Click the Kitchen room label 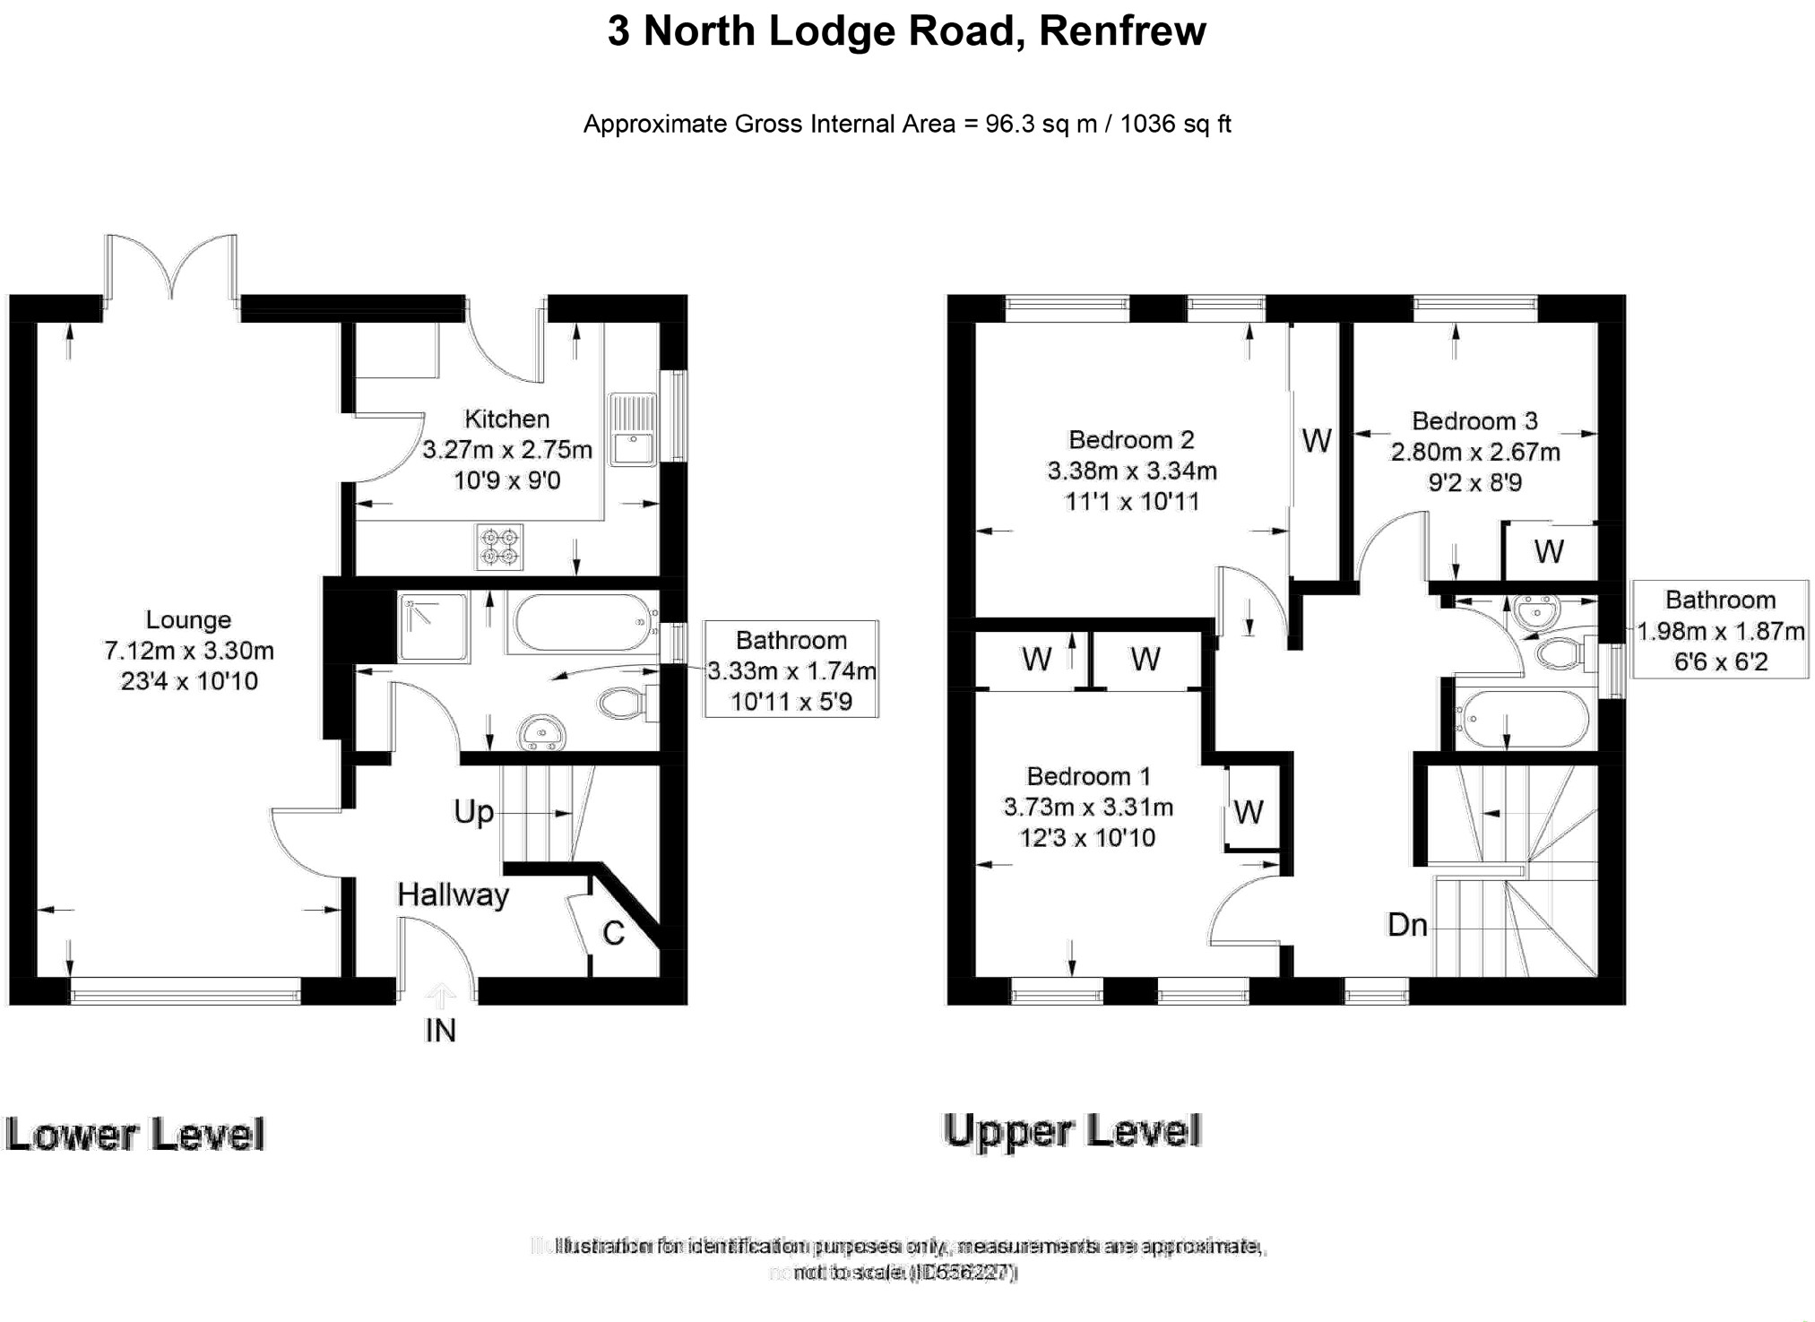[x=506, y=419]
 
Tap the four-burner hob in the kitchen [x=499, y=547]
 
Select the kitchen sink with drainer [x=633, y=429]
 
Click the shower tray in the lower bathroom [x=434, y=626]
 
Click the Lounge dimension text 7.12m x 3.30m [x=189, y=651]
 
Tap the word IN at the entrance [x=440, y=1031]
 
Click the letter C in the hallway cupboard [x=613, y=934]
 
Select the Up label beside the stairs [x=473, y=812]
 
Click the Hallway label [x=453, y=894]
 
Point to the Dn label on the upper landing [x=1406, y=925]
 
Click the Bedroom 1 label [x=1088, y=776]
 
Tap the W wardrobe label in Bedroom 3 [x=1549, y=551]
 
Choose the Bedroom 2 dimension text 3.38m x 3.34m [x=1132, y=471]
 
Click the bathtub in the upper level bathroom [x=1522, y=719]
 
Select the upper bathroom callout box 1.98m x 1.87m [x=1720, y=630]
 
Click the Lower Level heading [x=135, y=1134]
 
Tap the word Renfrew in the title [x=1122, y=31]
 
